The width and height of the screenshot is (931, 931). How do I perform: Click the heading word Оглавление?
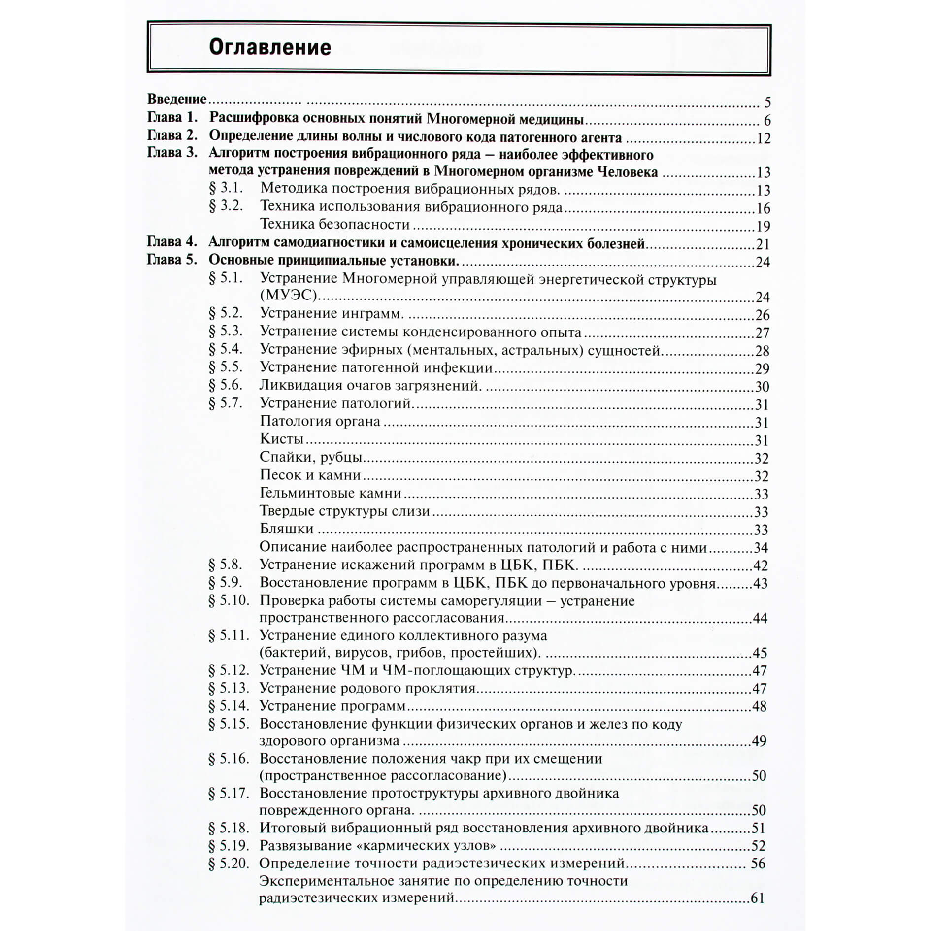(x=270, y=48)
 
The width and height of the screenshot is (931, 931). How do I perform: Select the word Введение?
(x=177, y=99)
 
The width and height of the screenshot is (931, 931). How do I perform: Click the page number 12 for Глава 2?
(x=763, y=139)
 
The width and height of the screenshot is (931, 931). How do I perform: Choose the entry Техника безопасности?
(x=334, y=224)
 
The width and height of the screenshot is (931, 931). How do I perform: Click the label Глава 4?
(x=172, y=242)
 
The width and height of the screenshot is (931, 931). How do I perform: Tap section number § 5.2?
(x=226, y=313)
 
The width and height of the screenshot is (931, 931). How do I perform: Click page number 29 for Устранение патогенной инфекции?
(x=762, y=369)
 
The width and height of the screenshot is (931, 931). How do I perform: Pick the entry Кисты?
(x=281, y=439)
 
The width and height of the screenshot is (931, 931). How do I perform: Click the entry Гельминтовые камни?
(x=331, y=493)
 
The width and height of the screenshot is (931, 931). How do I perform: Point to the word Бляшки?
(x=287, y=529)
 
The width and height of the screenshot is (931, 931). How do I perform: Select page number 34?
(x=761, y=548)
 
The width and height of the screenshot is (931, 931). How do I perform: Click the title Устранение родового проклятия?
(x=367, y=688)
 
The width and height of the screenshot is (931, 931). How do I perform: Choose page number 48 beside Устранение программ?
(x=760, y=706)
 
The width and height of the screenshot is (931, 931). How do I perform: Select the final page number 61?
(x=758, y=898)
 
